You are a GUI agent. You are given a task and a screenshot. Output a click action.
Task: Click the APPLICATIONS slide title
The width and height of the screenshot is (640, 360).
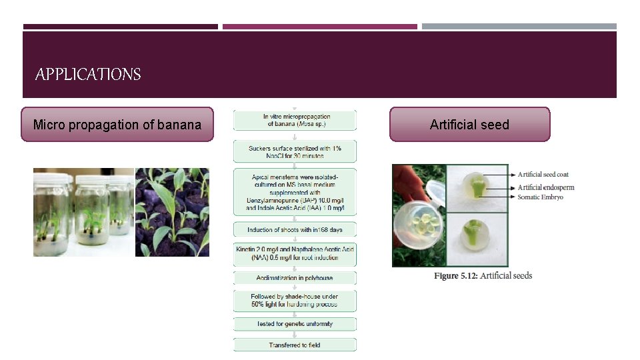click(x=88, y=74)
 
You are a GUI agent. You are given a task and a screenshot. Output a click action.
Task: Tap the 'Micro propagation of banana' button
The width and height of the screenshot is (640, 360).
click(x=117, y=125)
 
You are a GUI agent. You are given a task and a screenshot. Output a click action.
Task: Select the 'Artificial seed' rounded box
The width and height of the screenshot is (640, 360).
click(x=469, y=125)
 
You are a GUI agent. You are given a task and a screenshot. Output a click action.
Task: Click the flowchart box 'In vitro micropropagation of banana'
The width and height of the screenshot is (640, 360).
click(x=295, y=120)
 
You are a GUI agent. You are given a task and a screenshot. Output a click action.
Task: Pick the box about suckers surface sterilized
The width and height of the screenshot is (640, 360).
click(x=295, y=151)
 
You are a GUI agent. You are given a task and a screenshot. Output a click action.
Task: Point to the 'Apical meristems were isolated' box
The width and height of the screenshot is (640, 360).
click(x=295, y=191)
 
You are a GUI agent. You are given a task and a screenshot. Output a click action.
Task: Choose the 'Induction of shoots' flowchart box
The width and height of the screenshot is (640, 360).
click(x=295, y=229)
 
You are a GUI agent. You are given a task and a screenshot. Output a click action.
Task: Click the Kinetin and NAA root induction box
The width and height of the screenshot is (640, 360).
click(x=295, y=253)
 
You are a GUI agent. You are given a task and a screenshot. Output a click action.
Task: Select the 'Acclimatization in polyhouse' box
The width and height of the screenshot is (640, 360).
click(x=295, y=277)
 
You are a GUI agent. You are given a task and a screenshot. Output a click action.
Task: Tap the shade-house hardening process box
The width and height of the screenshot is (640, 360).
click(x=295, y=301)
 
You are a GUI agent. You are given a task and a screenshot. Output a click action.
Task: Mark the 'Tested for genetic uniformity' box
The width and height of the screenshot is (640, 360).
click(x=295, y=324)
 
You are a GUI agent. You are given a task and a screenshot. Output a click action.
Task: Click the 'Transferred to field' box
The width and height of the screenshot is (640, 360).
click(x=295, y=345)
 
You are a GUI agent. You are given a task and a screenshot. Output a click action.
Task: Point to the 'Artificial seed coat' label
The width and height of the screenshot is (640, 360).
click(x=543, y=175)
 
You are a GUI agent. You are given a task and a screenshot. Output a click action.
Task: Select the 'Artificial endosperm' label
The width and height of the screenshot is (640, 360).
click(x=545, y=187)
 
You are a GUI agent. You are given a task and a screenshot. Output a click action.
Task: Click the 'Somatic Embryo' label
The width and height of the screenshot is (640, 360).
click(x=540, y=197)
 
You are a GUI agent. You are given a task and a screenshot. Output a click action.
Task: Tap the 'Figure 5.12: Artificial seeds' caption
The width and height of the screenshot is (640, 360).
click(x=483, y=275)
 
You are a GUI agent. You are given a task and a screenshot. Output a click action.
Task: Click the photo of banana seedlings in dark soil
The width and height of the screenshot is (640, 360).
click(x=172, y=212)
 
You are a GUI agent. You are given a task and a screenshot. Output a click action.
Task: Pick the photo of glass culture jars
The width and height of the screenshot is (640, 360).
click(x=83, y=212)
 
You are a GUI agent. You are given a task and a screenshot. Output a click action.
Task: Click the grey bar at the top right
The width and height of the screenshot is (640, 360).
click(x=519, y=27)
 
